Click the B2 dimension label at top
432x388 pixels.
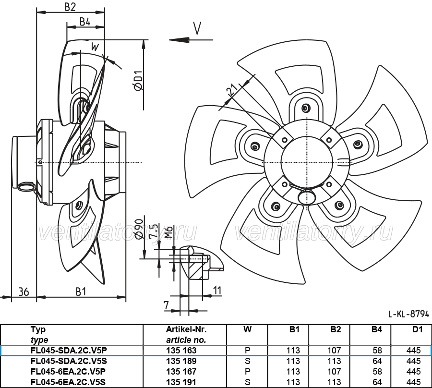pyautogui.click(x=70, y=7)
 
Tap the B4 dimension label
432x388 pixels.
pyautogui.click(x=85, y=21)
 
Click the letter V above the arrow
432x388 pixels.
pyautogui.click(x=197, y=28)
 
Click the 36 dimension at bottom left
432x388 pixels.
pyautogui.click(x=24, y=291)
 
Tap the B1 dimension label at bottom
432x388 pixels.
pyautogui.click(x=81, y=291)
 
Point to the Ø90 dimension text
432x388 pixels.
pyautogui.click(x=138, y=229)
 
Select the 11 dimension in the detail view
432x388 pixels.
pyautogui.click(x=217, y=290)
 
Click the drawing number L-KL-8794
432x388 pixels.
pyautogui.click(x=408, y=314)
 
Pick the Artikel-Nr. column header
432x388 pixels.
pyautogui.click(x=186, y=329)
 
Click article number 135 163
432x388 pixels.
pyautogui.click(x=181, y=351)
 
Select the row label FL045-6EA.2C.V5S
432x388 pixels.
pyautogui.click(x=68, y=382)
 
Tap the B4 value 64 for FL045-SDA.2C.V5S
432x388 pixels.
pyautogui.click(x=377, y=361)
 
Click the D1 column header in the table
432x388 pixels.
pyautogui.click(x=418, y=329)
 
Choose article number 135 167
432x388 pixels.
pyautogui.click(x=181, y=372)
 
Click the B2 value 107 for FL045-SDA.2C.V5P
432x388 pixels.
pyautogui.click(x=334, y=351)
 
